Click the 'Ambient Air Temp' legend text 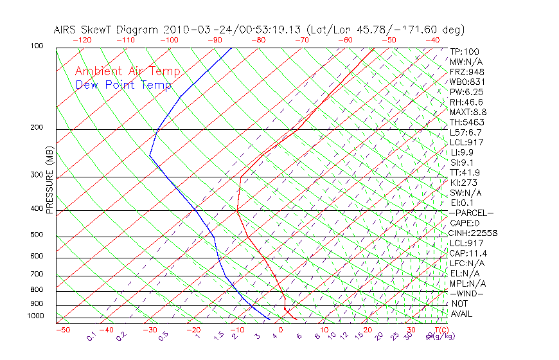(x=127, y=71)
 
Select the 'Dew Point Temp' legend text (x=123, y=85)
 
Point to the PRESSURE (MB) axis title (x=50, y=180)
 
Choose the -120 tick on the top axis (x=82, y=40)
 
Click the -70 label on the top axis (x=301, y=40)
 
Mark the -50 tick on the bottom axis (x=62, y=330)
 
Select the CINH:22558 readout (x=474, y=233)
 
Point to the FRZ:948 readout (x=466, y=71)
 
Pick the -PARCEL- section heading (x=471, y=213)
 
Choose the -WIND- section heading (x=466, y=293)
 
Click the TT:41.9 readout (x=465, y=172)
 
